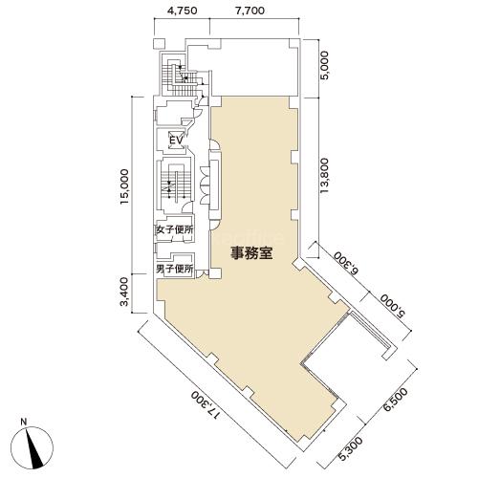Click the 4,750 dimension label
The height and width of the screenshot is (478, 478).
coord(182,11)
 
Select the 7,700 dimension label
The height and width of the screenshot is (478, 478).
coord(250,11)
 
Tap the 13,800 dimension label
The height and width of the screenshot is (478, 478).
coord(324,175)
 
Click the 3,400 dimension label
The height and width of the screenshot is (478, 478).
coord(124,292)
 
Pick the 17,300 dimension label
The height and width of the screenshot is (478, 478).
coord(206,404)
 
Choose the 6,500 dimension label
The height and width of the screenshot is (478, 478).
coord(396,400)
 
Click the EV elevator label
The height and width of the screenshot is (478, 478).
coord(176,141)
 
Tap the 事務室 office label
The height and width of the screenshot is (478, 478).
coord(251,254)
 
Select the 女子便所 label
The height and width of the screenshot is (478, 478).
coord(175,230)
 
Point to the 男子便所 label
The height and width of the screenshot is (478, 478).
coord(175,270)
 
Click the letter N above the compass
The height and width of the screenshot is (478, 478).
coord(24,423)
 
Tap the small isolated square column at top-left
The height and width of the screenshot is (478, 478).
coord(159,44)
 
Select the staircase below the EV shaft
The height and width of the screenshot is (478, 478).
coord(175,185)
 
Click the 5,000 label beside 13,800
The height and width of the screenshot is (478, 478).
coord(326,69)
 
